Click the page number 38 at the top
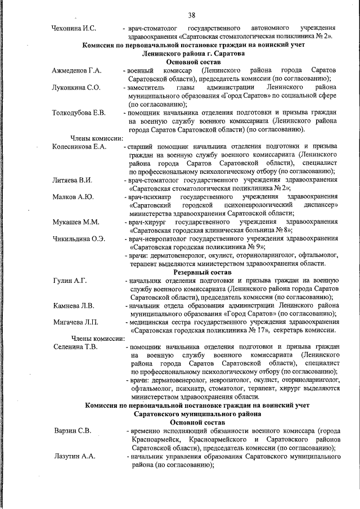coord(192,14)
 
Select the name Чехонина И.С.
coord(74,28)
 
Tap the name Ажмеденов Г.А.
coord(76,70)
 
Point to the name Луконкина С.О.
coord(76,88)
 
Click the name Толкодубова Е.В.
coord(79,114)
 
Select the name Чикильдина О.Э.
coord(78,239)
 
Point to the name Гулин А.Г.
coord(69,280)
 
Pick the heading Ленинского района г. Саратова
coord(193,53)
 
